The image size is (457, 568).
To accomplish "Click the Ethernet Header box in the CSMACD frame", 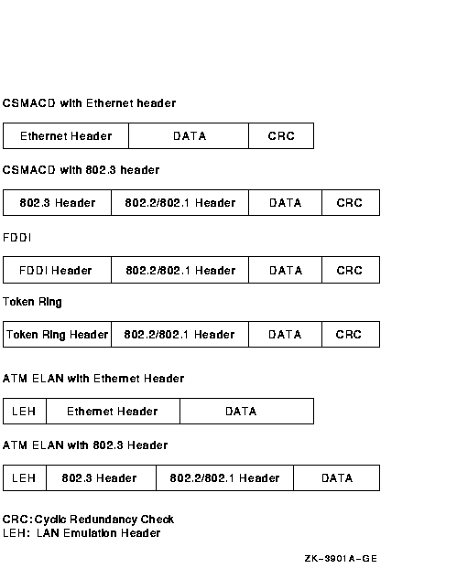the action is point(66,136).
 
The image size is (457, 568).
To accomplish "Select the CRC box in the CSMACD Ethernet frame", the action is point(281,136).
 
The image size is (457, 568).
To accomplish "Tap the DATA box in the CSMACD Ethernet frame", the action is point(189,136).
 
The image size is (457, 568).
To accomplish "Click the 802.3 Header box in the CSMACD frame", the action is point(57,202).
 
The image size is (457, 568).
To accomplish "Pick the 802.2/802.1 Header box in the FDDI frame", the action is point(180,270).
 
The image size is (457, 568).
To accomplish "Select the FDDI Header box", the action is point(57,270).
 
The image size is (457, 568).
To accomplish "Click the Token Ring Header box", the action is point(57,334).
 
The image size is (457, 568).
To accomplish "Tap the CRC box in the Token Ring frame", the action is point(351,334).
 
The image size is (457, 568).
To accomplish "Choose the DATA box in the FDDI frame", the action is point(285,270).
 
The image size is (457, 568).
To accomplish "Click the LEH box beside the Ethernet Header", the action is point(25,412).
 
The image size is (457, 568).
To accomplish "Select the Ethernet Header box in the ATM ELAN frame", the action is point(114,412).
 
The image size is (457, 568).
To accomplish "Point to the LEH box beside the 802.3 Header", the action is point(25,477).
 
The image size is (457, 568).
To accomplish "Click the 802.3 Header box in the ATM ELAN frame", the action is point(101,477).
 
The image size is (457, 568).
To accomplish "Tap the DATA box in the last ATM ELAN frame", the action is point(337,477).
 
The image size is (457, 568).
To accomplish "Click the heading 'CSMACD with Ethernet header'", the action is point(89,103).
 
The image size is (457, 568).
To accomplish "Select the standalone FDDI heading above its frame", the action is point(16,238).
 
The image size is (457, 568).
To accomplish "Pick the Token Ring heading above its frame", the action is point(32,302).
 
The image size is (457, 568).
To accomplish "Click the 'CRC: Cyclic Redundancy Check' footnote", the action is point(88,520).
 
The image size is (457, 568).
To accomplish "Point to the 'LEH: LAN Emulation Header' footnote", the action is point(82,533).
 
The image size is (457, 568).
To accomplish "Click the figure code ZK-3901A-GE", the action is point(341,559).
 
